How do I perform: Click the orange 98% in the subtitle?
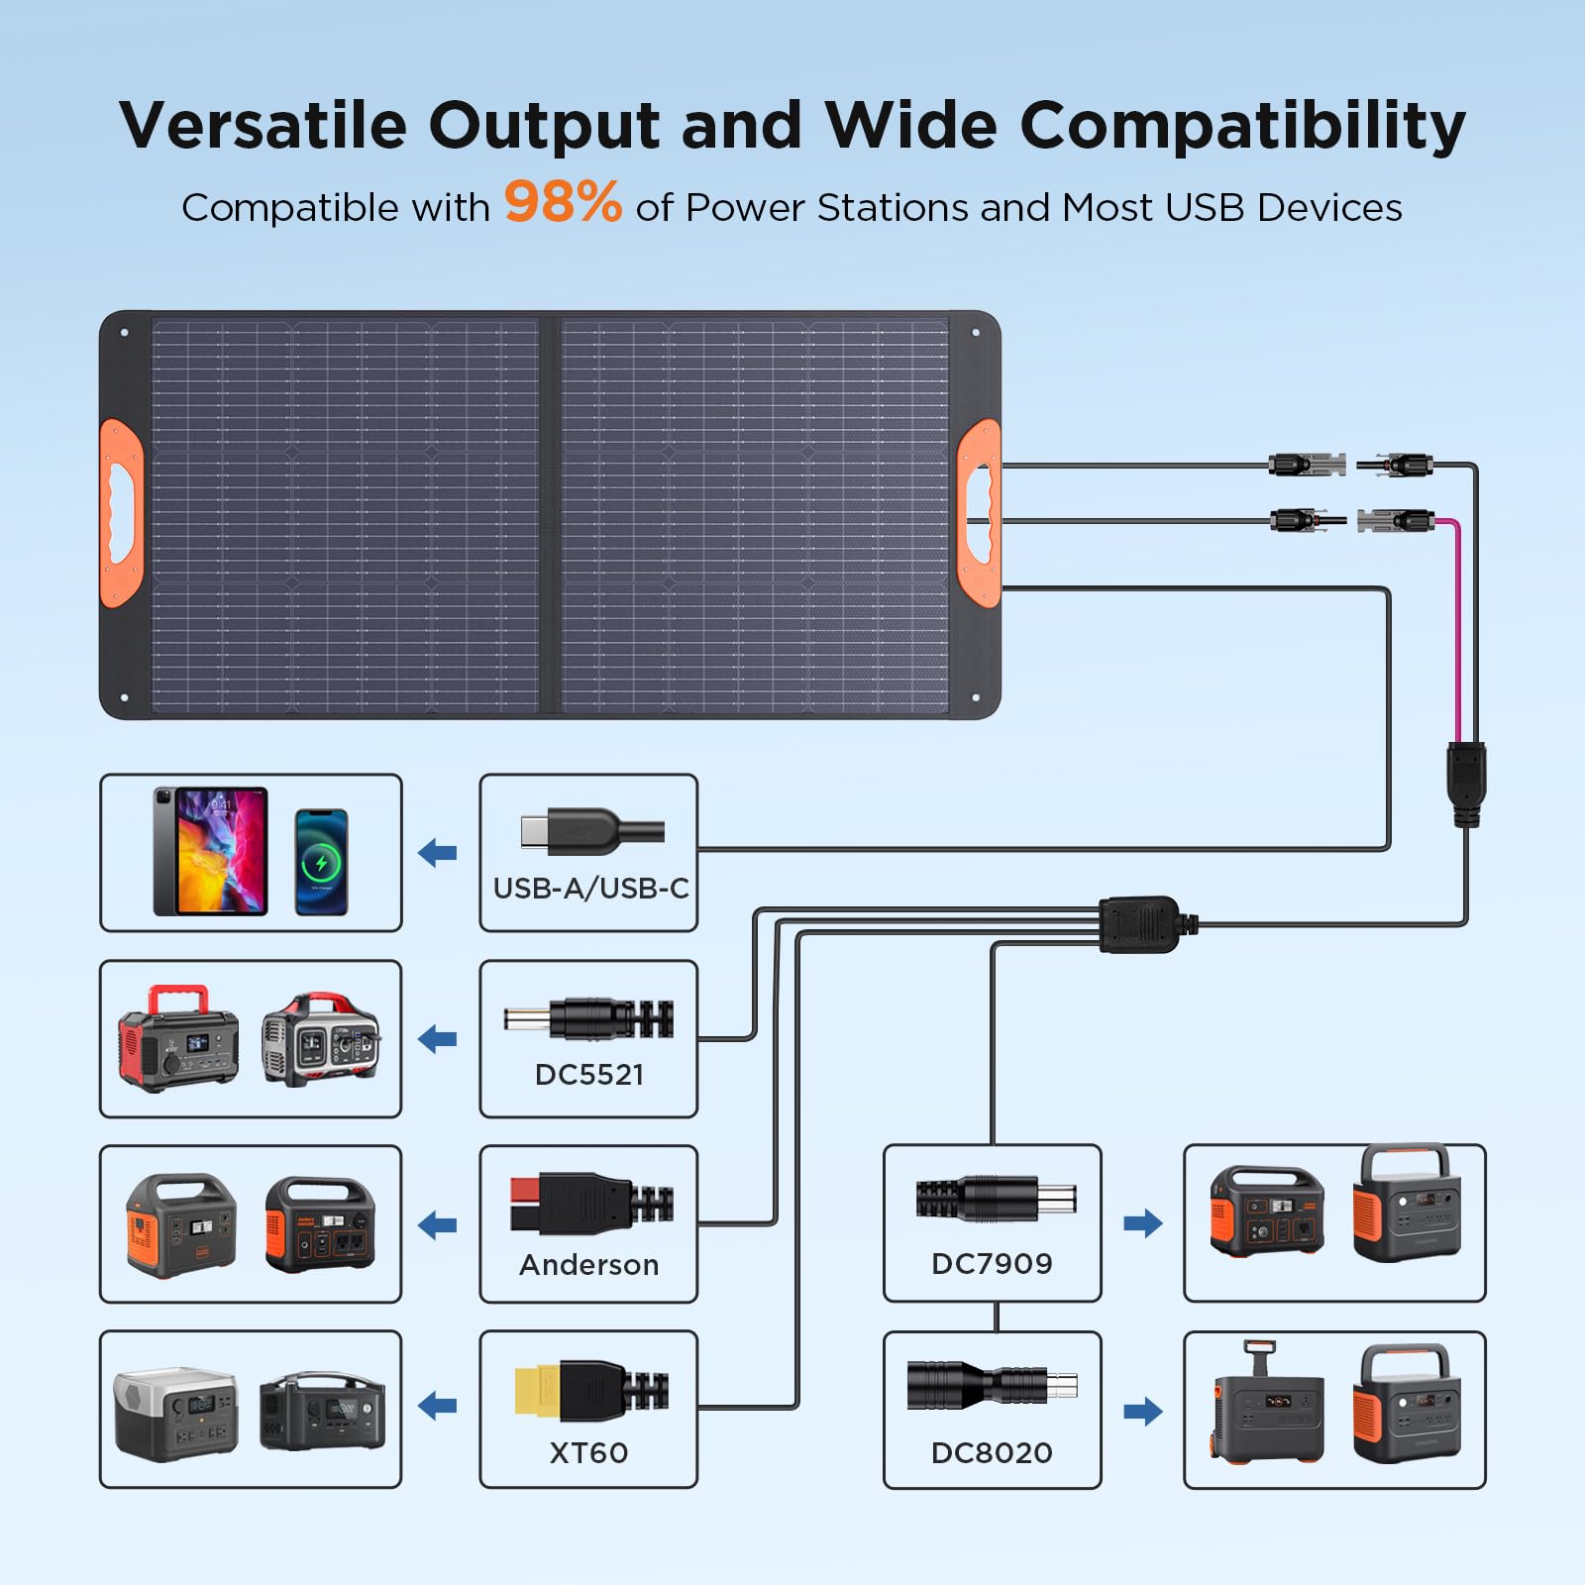click(x=563, y=202)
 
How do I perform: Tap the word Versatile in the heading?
click(x=263, y=126)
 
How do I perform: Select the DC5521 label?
click(x=589, y=1075)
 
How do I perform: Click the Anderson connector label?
click(x=589, y=1265)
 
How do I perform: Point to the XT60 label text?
click(x=589, y=1453)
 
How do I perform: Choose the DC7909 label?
click(x=992, y=1264)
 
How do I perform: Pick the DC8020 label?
click(x=992, y=1453)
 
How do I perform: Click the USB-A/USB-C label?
click(x=591, y=889)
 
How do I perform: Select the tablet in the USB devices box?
click(x=210, y=851)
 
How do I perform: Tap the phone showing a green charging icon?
click(x=322, y=862)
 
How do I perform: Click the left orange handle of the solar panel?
click(x=122, y=513)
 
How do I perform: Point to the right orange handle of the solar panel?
click(x=979, y=513)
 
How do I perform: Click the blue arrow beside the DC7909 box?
click(x=1143, y=1223)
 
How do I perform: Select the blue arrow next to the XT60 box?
click(x=438, y=1405)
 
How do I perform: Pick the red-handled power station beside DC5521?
click(x=178, y=1038)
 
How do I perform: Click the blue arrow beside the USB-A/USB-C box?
click(x=438, y=852)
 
